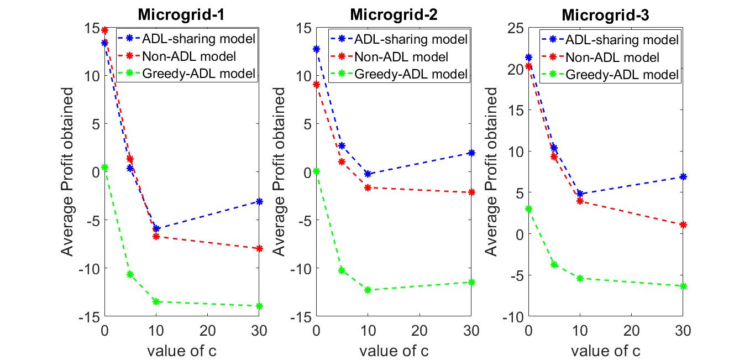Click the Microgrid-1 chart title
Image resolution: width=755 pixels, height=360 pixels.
point(181,14)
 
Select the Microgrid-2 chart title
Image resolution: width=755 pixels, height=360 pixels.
point(393,14)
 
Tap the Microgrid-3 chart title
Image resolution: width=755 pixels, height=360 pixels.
point(605,14)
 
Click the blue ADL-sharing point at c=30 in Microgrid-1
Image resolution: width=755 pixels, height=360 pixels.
point(259,201)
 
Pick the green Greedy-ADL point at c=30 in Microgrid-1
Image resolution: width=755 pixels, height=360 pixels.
point(259,306)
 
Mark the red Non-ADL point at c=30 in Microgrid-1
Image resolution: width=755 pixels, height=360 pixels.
point(259,249)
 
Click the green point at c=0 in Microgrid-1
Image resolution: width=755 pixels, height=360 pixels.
point(104,167)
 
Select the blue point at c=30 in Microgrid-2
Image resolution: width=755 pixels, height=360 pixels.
point(471,153)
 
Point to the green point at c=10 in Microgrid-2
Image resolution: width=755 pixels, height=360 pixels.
point(368,290)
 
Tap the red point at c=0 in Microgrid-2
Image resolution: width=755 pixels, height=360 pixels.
point(316,85)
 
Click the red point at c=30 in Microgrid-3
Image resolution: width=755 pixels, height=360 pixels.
point(683,225)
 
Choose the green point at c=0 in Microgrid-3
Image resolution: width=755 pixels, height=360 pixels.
point(528,209)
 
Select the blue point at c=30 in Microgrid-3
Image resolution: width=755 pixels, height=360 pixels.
point(683,176)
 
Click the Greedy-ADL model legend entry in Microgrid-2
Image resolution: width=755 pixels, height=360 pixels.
point(411,74)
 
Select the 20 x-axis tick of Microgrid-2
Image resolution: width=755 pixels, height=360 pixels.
point(420,331)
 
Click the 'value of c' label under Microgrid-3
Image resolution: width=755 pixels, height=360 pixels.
point(606,351)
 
